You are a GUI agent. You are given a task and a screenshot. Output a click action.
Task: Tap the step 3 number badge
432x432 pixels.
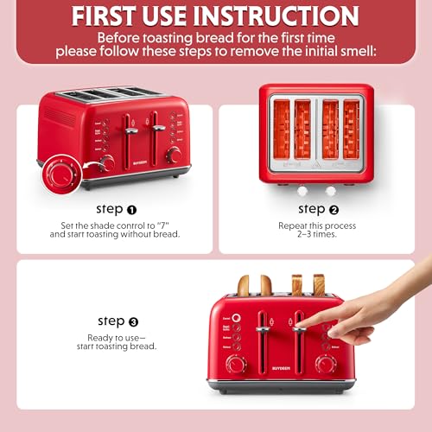(x=134, y=321)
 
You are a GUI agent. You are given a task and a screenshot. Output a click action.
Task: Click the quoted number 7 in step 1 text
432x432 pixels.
(x=164, y=224)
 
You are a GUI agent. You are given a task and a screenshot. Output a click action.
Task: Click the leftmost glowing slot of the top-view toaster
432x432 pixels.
(x=282, y=129)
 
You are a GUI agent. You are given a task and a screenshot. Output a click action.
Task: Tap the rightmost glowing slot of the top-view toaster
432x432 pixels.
(x=351, y=129)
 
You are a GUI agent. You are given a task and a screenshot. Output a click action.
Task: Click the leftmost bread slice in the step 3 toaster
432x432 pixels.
(x=244, y=285)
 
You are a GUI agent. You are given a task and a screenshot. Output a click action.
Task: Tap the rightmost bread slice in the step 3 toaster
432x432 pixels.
(x=319, y=284)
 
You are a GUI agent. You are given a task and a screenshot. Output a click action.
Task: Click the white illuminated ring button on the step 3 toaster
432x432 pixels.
(x=237, y=317)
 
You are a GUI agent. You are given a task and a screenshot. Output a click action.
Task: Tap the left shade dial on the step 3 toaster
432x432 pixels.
(x=235, y=364)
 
